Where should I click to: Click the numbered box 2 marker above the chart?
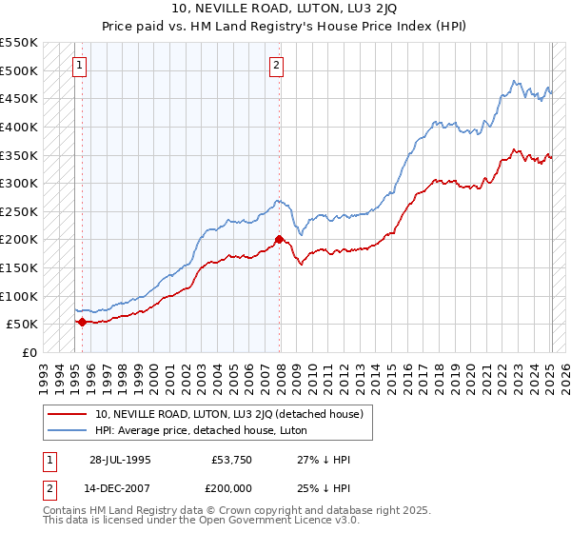(276, 66)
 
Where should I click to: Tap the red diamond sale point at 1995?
(82, 322)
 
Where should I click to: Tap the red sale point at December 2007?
(279, 240)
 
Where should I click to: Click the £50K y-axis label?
(23, 324)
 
